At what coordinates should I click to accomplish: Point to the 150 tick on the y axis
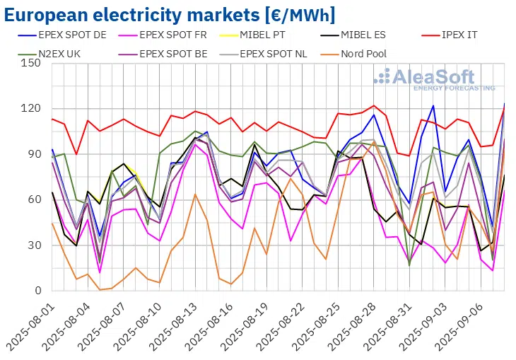point(30,64)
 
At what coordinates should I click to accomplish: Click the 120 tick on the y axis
point(30,109)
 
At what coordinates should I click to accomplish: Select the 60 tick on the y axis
point(33,200)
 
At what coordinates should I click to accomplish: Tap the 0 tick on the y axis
point(37,291)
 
